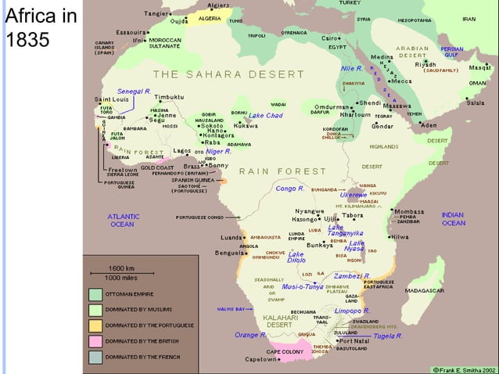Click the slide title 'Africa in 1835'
tap(39, 27)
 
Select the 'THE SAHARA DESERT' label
tap(206, 74)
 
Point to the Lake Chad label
tap(265, 116)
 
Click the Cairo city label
tap(330, 38)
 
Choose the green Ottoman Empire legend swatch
tap(95, 294)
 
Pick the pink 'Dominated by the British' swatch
tap(95, 341)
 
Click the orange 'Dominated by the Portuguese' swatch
tap(95, 325)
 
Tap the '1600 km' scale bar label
tap(120, 268)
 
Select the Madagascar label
tap(447, 290)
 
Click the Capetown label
tap(261, 360)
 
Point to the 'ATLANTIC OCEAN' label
tap(123, 220)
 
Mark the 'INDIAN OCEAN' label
tap(453, 219)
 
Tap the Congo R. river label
tap(289, 189)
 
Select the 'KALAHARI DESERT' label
tap(278, 321)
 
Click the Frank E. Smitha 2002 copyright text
tap(463, 368)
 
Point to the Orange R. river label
tap(251, 335)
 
